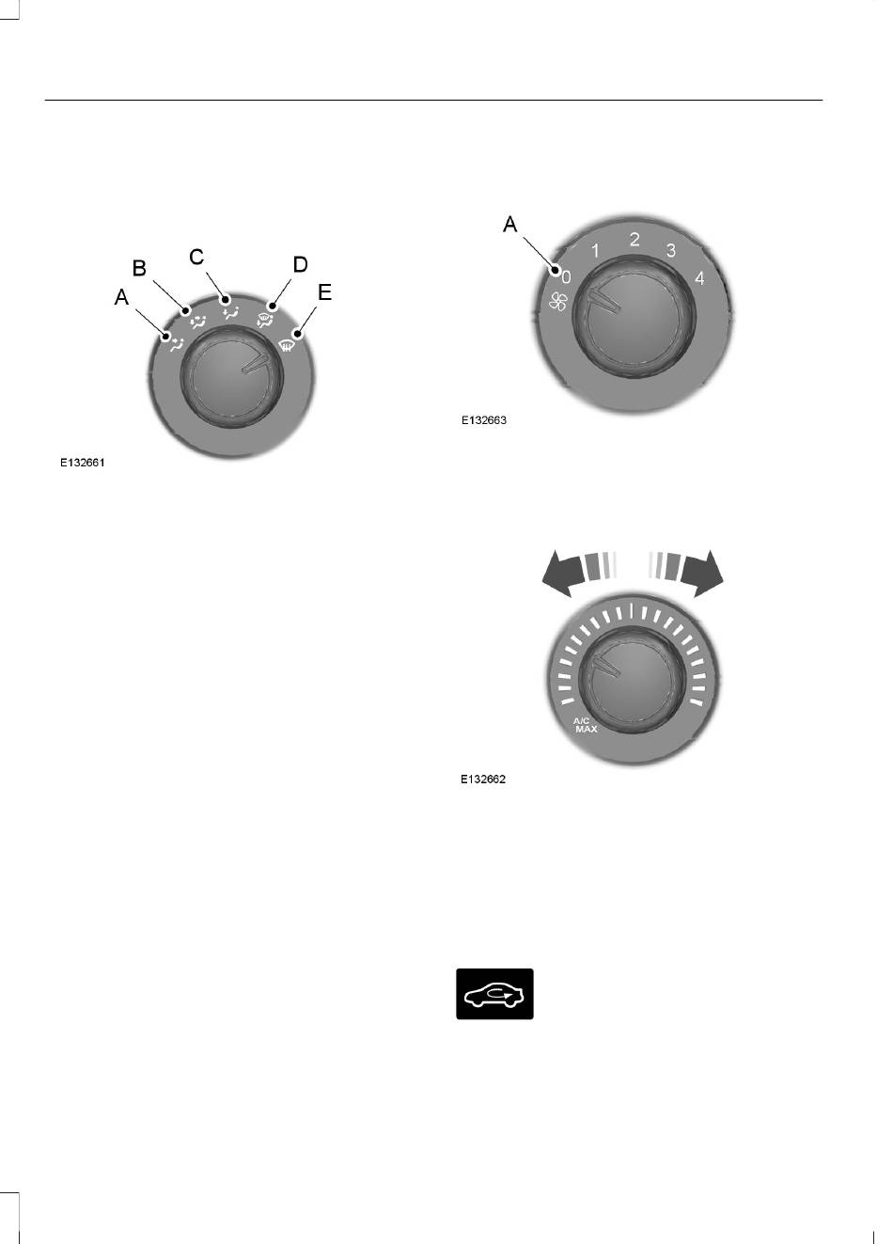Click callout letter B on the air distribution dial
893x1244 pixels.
tap(139, 268)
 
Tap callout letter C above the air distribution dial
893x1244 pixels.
tap(196, 257)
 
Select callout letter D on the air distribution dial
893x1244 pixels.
tap(300, 264)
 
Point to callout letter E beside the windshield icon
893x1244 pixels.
tap(324, 292)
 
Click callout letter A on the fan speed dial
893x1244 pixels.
tap(509, 225)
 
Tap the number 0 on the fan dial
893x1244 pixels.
tap(566, 277)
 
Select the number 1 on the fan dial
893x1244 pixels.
tap(595, 251)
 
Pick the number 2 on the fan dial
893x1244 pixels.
tap(634, 240)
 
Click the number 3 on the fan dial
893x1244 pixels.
tap(671, 250)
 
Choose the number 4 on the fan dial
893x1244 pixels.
tap(699, 278)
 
